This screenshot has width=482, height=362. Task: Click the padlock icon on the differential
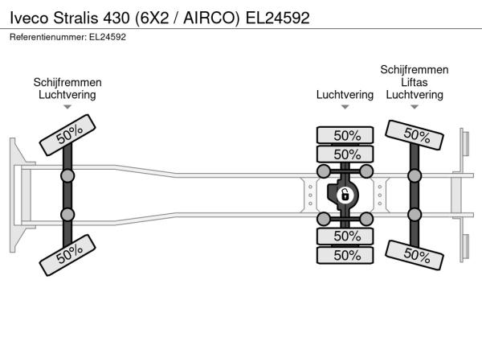tap(345, 195)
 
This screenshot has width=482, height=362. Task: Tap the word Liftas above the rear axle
tap(414, 83)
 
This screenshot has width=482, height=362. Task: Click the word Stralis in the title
tap(76, 18)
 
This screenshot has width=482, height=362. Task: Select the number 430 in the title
tap(116, 18)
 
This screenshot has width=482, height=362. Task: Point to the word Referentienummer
tap(48, 37)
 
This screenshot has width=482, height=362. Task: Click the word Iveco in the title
tap(29, 18)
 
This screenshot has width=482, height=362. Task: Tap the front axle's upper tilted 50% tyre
tap(67, 135)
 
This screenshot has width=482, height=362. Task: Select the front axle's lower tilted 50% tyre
tap(67, 255)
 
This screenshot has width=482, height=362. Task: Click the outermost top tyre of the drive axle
tap(345, 135)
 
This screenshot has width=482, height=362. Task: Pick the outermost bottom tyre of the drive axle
tap(345, 255)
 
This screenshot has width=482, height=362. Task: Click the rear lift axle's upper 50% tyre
tap(415, 135)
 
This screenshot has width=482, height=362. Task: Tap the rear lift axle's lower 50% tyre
tap(415, 255)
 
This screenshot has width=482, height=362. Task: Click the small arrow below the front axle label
tap(67, 107)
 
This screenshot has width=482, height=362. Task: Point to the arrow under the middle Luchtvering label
tap(345, 107)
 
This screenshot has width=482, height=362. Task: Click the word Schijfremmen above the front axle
tap(67, 83)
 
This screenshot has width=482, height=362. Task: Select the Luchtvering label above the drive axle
tap(345, 95)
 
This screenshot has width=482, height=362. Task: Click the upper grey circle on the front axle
tap(67, 176)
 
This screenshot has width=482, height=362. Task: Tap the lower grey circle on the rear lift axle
tap(415, 215)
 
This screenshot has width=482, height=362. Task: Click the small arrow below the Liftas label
tap(415, 107)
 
